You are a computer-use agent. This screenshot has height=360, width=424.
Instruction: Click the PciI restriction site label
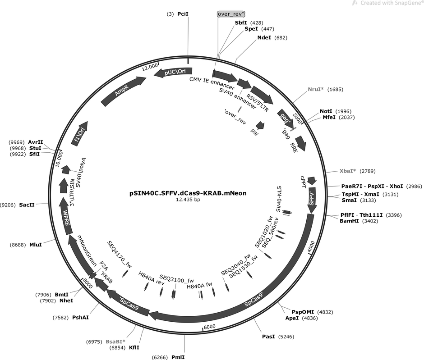click(x=183, y=14)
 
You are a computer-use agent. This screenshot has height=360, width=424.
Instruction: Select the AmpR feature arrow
click(x=123, y=91)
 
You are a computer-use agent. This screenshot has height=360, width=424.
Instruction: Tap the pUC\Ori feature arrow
click(x=173, y=73)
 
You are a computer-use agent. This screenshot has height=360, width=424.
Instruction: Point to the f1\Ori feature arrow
click(x=80, y=133)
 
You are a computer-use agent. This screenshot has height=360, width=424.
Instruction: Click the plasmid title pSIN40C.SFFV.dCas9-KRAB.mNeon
click(x=188, y=193)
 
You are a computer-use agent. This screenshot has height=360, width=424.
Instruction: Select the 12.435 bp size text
click(x=188, y=200)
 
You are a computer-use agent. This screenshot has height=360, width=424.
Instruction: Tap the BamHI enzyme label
click(x=349, y=221)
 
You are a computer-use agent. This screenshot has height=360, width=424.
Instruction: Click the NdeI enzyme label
click(x=264, y=37)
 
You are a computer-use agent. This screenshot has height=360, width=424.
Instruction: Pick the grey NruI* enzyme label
click(x=316, y=89)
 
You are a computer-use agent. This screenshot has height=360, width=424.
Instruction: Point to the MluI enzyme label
click(x=36, y=245)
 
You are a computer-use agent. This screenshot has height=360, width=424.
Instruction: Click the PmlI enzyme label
click(x=178, y=357)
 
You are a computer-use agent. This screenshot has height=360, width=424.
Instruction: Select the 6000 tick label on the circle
click(x=210, y=327)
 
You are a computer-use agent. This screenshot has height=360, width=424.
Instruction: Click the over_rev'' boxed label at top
click(x=231, y=14)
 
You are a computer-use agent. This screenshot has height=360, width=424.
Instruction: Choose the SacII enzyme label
click(x=27, y=205)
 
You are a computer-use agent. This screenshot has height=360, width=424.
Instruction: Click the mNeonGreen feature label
click(x=87, y=251)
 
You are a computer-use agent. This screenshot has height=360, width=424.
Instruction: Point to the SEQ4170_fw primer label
click(x=119, y=255)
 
